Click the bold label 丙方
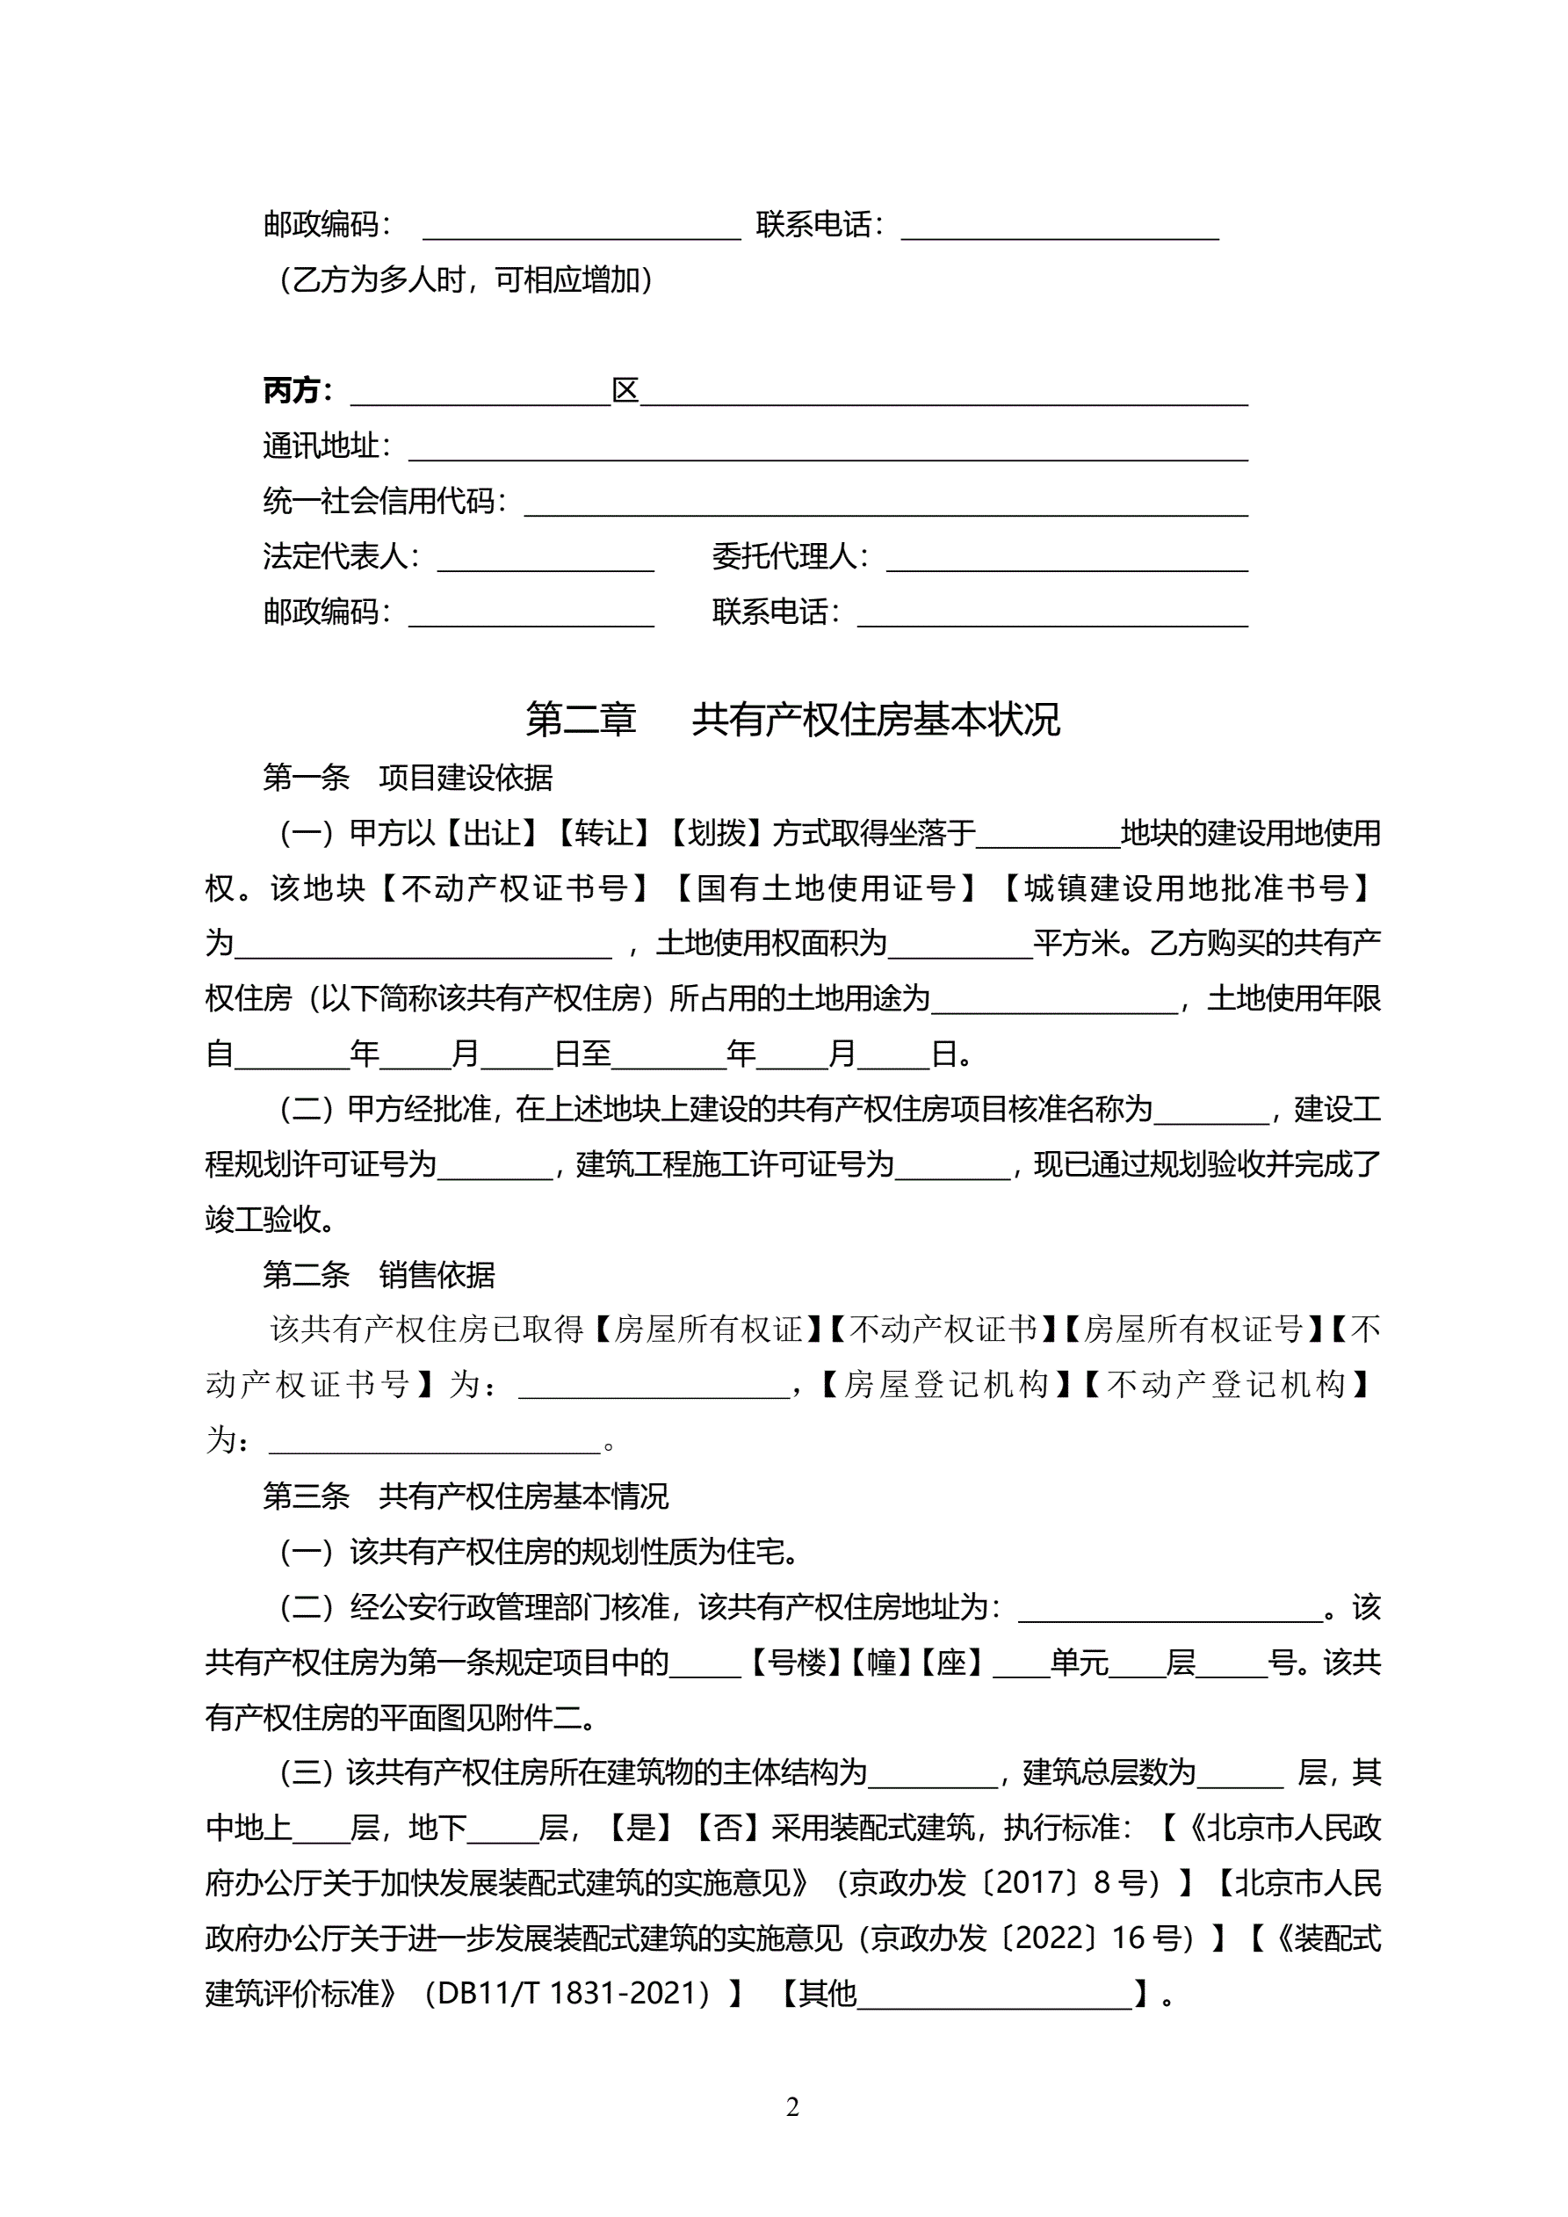(x=292, y=390)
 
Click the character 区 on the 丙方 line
(x=625, y=390)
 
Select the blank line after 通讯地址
(x=827, y=448)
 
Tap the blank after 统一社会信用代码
(x=885, y=504)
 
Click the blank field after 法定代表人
(x=546, y=558)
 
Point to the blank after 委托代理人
(x=1067, y=558)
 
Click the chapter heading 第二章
(x=581, y=720)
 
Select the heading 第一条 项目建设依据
(x=408, y=778)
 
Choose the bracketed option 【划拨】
(x=715, y=832)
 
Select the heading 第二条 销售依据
(x=379, y=1275)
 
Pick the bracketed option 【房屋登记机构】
(x=944, y=1385)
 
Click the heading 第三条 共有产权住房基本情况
(x=466, y=1496)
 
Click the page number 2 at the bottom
(x=792, y=2106)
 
